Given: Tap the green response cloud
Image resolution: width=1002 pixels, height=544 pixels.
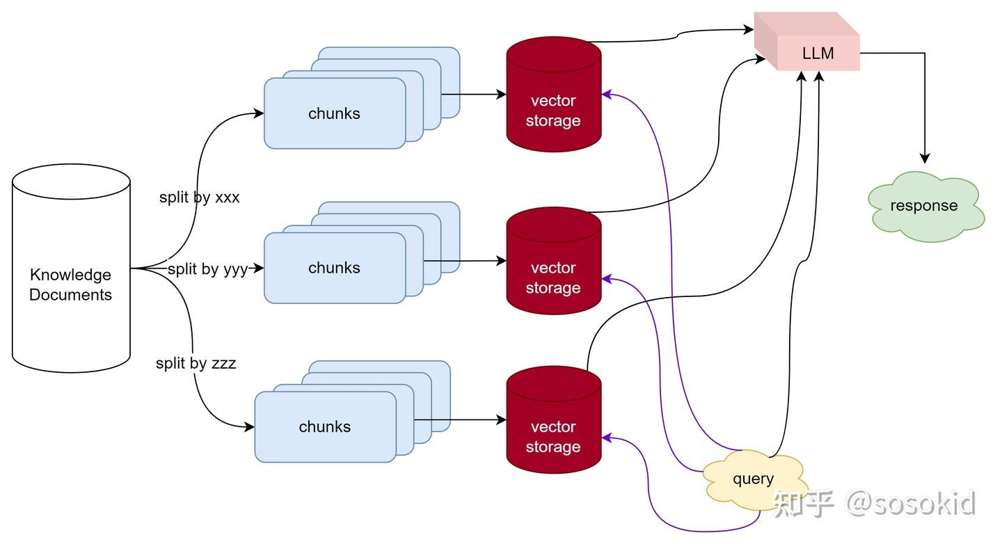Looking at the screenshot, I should coord(924,206).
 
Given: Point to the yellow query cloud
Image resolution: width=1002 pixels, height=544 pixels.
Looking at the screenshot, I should coord(754,479).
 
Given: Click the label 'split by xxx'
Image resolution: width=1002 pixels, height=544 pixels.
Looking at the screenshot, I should coord(199,198).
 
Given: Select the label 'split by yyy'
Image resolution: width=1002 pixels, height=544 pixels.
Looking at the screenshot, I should coord(207,269).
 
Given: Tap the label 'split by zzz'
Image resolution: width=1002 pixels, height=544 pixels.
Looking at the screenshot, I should coord(196,363).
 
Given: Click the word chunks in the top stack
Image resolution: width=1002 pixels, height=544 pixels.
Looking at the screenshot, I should coord(334,113).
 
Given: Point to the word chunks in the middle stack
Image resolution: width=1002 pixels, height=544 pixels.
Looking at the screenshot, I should coord(334,268).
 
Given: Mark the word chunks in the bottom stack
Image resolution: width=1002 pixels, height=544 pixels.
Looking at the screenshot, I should coord(324,427).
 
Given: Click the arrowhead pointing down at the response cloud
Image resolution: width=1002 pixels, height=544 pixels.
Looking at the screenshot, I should coord(925,159).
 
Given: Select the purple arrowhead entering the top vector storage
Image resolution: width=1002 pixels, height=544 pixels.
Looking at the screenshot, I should coord(606,94).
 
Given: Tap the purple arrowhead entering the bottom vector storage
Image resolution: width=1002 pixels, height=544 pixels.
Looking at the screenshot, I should coord(606,438).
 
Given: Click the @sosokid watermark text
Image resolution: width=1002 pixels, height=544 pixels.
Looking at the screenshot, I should coord(910,502).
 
